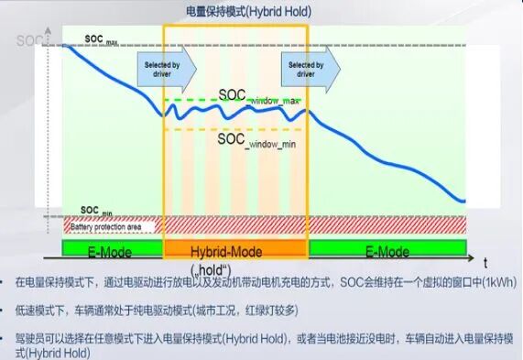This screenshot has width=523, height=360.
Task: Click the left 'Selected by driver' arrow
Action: (169, 68)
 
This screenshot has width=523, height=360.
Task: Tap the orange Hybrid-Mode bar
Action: (235, 250)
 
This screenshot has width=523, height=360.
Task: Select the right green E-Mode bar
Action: (387, 250)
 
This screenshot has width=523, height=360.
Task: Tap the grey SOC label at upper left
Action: (27, 40)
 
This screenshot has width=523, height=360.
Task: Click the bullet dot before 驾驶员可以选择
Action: (8, 337)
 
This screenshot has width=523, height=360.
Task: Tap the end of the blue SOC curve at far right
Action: (463, 201)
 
